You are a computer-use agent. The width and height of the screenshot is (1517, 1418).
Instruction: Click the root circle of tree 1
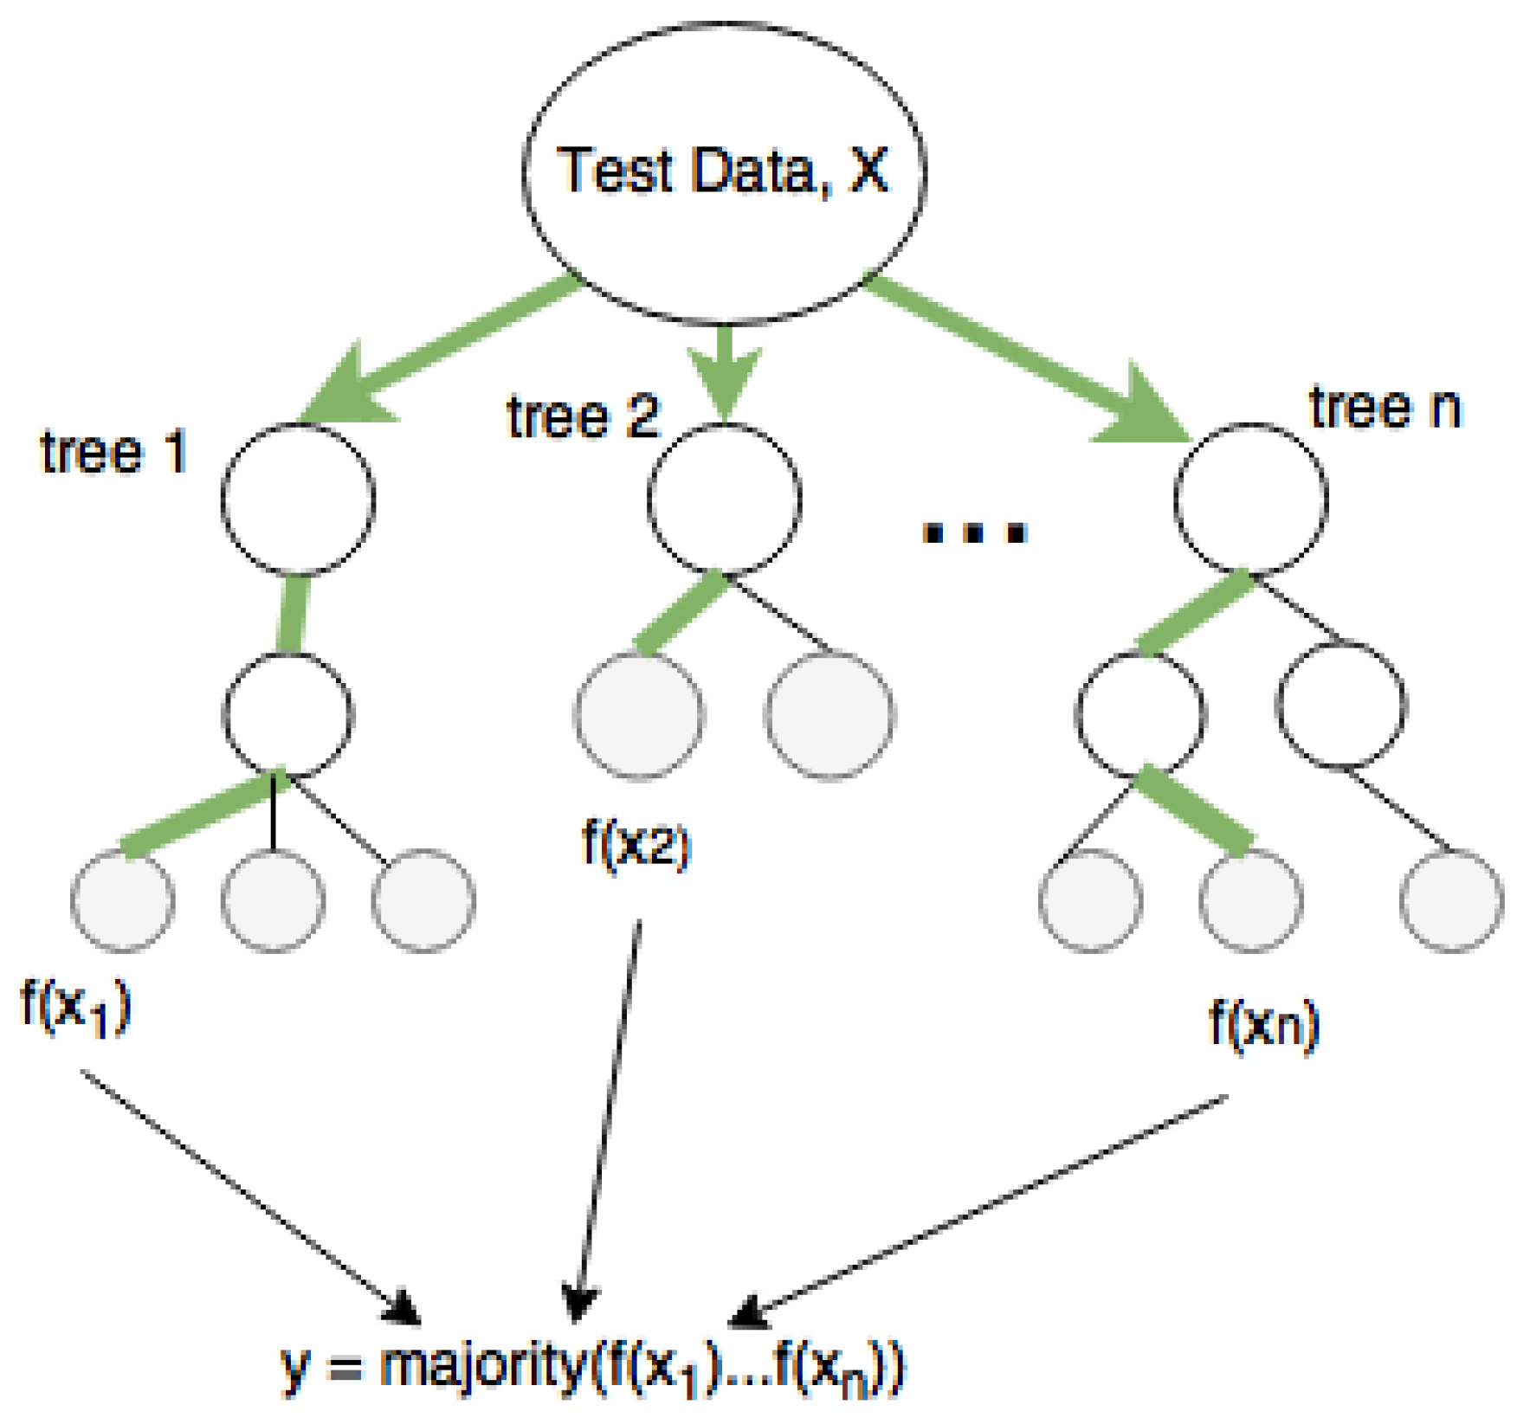tap(298, 500)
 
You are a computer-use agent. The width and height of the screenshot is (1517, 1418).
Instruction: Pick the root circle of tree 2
tap(724, 500)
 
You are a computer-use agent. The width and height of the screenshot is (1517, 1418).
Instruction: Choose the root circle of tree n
tap(1250, 500)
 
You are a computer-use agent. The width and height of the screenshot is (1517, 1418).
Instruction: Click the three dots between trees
tap(974, 531)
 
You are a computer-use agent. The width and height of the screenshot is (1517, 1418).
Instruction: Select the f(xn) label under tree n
tap(1263, 1025)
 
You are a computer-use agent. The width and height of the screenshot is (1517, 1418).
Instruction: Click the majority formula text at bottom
tap(593, 1368)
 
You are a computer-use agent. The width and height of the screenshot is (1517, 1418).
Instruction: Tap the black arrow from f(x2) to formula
tap(606, 1125)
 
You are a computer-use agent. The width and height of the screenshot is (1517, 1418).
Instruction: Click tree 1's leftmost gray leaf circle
tap(122, 900)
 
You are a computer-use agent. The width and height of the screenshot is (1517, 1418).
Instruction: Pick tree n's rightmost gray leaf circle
tap(1451, 900)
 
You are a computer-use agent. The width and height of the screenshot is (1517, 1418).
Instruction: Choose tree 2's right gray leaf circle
tap(829, 715)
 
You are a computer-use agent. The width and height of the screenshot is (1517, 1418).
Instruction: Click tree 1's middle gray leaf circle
tap(273, 900)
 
